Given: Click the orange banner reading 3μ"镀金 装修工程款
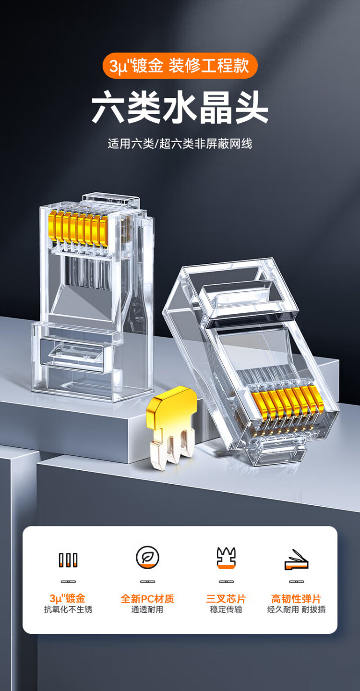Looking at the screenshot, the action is pyautogui.click(x=180, y=66).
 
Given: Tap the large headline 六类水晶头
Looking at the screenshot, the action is pyautogui.click(x=180, y=107).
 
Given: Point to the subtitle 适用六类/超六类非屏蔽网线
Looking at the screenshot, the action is pyautogui.click(x=180, y=144).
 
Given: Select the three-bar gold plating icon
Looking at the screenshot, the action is pyautogui.click(x=68, y=560).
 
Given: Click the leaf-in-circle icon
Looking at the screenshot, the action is pyautogui.click(x=147, y=558).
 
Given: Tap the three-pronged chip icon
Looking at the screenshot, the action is pyautogui.click(x=226, y=558).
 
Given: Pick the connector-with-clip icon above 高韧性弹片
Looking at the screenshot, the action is pyautogui.click(x=296, y=560).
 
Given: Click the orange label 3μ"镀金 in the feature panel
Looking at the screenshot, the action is pyautogui.click(x=68, y=598).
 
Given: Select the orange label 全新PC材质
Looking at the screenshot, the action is pyautogui.click(x=147, y=599).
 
